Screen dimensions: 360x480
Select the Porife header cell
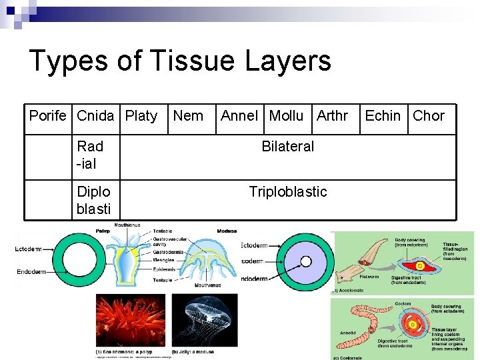[48, 116]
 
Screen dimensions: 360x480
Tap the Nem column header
[188, 116]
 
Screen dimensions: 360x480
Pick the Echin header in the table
[383, 116]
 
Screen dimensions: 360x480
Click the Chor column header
[429, 116]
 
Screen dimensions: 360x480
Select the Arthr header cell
[332, 116]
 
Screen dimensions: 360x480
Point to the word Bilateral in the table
[287, 147]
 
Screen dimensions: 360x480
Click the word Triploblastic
[288, 192]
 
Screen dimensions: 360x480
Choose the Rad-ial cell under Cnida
[90, 155]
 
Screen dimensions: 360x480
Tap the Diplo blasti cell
[94, 200]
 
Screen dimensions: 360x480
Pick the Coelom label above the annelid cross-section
[403, 303]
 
